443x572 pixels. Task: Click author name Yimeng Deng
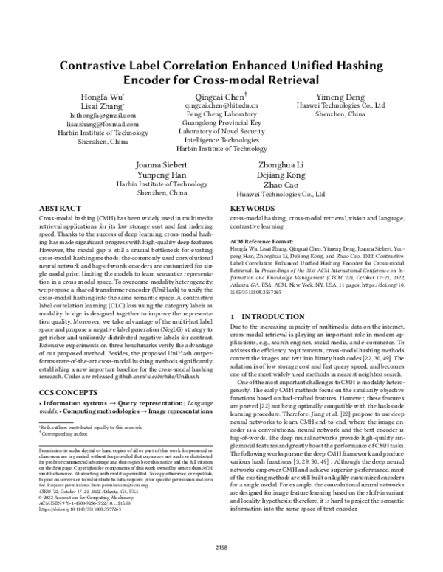tap(340, 97)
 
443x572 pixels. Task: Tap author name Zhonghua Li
tap(281, 165)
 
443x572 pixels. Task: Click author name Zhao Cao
tap(281, 185)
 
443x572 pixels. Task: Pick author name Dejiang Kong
tap(281, 175)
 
